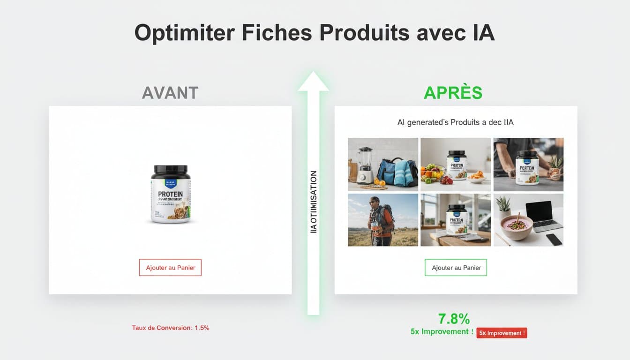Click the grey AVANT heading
(170, 93)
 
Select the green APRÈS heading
(453, 93)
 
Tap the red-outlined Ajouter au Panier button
(170, 268)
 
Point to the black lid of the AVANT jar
(170, 171)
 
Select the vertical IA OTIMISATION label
(314, 202)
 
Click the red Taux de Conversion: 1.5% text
(171, 328)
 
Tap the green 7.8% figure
(454, 319)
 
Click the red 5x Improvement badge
(502, 333)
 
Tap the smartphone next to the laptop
(554, 239)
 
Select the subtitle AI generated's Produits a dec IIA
(455, 123)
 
